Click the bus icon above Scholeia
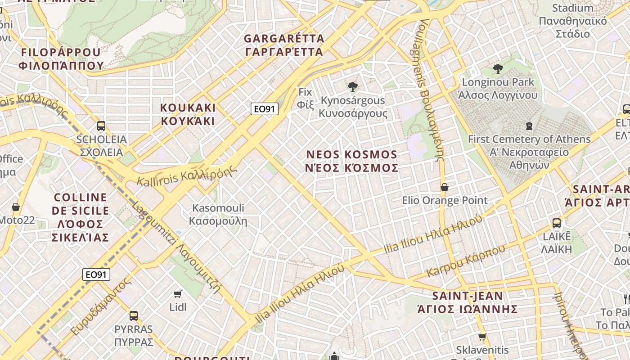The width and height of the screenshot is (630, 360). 101,126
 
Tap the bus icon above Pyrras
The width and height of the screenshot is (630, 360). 133,316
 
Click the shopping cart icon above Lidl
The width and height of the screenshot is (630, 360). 178,294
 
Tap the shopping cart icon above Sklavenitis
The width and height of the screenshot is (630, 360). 482,337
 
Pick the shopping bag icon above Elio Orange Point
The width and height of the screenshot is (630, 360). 445,187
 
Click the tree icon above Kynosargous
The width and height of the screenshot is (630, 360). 353,87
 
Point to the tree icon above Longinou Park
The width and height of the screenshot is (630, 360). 498,69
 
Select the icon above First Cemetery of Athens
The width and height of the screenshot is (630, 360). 529,126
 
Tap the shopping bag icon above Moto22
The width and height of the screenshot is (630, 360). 16,207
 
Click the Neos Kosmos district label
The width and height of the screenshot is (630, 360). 352,161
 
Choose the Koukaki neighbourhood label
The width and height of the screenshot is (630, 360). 188,114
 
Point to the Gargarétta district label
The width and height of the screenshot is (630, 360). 283,45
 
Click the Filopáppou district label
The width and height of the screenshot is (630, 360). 61,58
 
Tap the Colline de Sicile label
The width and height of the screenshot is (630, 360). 81,217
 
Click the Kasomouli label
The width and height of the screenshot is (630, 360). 218,214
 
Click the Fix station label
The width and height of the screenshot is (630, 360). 305,98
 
